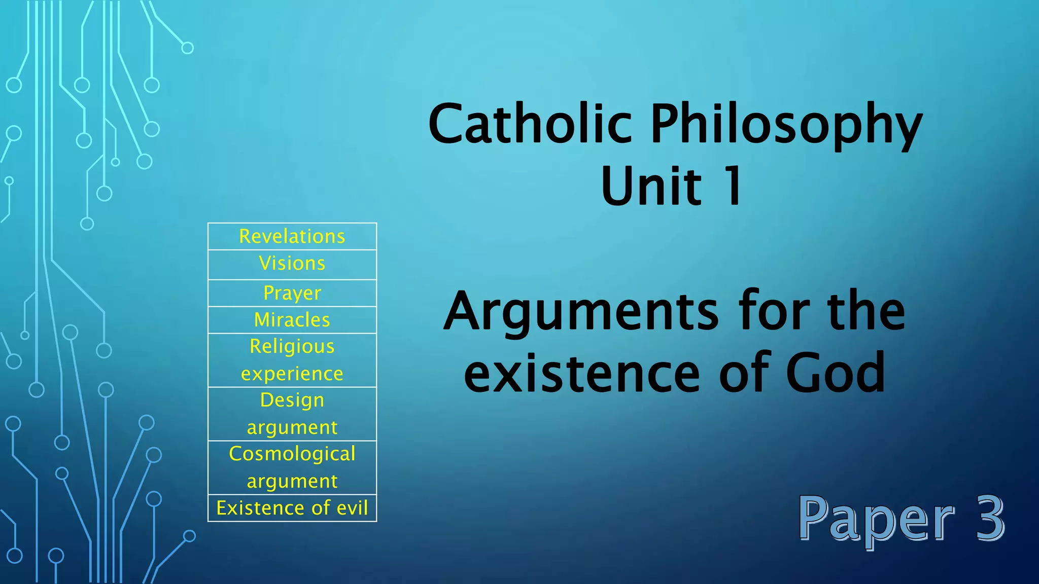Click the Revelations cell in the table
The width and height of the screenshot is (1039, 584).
(292, 236)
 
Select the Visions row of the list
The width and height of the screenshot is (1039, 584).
(292, 264)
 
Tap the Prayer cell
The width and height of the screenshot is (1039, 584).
(292, 293)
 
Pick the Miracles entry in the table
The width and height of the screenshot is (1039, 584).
(292, 320)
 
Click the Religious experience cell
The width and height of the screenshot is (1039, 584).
(292, 360)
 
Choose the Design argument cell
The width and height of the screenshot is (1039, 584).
(292, 414)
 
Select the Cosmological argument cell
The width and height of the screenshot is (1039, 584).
(292, 467)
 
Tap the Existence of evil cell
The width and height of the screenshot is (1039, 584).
(292, 508)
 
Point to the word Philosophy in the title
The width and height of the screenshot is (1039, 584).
(786, 124)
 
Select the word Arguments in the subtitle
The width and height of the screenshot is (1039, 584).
(581, 312)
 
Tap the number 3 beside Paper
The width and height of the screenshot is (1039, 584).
(989, 518)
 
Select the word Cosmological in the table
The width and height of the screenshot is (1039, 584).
(292, 454)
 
